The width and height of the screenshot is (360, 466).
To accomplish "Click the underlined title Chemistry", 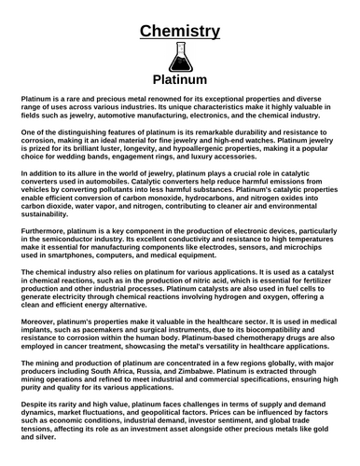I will coord(180,32).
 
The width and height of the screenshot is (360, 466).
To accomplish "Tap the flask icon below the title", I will coord(180,60).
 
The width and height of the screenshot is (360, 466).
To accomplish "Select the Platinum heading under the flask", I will coord(180,81).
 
